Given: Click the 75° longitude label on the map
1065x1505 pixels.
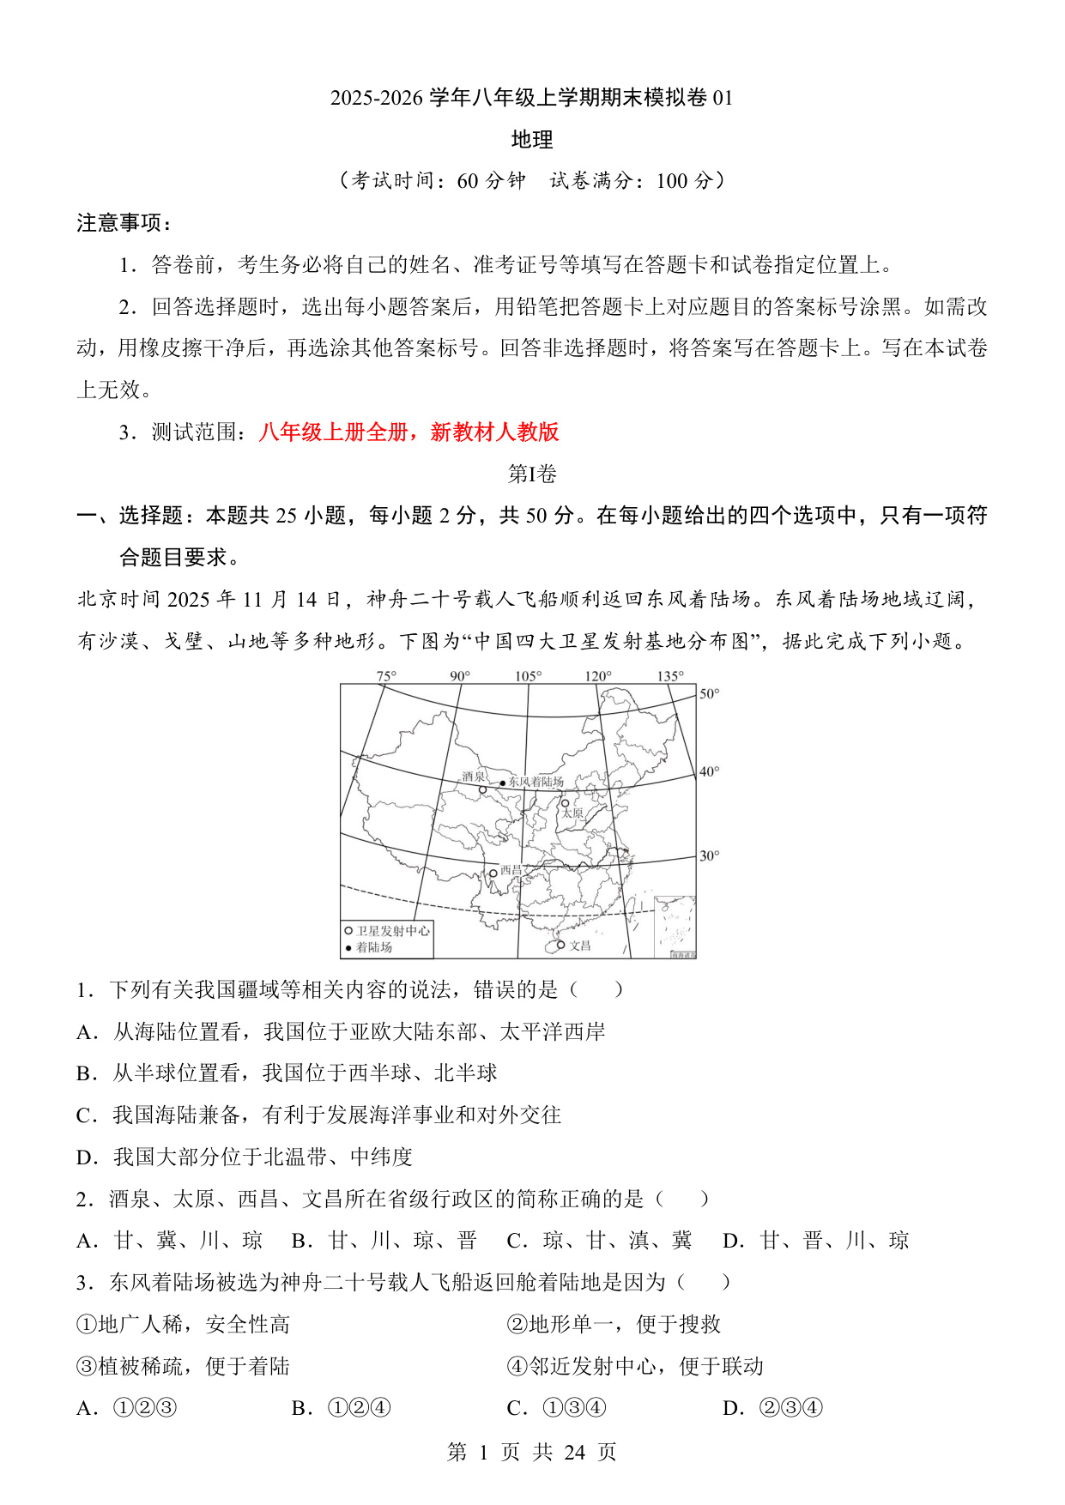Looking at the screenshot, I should [386, 676].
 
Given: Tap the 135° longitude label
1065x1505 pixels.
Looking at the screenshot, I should [670, 676].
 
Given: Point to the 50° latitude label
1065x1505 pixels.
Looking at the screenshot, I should [709, 693].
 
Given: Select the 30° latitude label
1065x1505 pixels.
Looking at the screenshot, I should [709, 855].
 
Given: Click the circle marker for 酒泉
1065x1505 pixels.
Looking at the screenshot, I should [482, 789].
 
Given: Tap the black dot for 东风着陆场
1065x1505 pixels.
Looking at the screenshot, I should [503, 783].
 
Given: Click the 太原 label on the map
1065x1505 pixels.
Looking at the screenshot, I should [572, 813].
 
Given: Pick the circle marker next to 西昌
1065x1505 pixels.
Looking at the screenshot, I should [493, 873].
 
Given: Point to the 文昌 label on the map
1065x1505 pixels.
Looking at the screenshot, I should [580, 946].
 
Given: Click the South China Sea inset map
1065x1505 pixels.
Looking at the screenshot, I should [675, 927].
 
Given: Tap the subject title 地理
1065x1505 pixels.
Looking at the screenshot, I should [532, 140].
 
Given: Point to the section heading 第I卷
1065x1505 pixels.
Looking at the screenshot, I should [532, 474].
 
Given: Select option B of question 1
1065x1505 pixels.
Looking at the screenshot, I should [287, 1073].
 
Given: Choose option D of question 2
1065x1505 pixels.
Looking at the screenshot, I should [815, 1241].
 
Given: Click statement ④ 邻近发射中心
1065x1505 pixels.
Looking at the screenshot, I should [635, 1366].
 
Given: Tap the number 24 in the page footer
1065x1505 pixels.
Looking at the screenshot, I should [574, 1452].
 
